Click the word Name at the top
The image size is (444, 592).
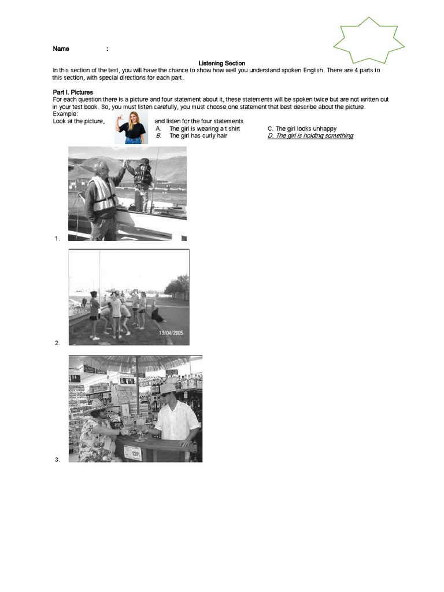click(61, 49)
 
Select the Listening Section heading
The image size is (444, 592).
click(222, 64)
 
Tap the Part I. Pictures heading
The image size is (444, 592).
click(72, 92)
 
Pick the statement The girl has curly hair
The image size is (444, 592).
click(198, 136)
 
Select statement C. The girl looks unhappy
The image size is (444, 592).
click(302, 128)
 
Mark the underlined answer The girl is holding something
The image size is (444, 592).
click(310, 136)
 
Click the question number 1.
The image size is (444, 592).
click(57, 238)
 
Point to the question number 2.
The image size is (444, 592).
click(57, 343)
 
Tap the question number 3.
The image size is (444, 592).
click(57, 460)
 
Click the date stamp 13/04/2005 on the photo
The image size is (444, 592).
click(171, 334)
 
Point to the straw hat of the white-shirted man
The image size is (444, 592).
click(168, 387)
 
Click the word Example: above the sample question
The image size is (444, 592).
click(65, 114)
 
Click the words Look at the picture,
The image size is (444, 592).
click(79, 121)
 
